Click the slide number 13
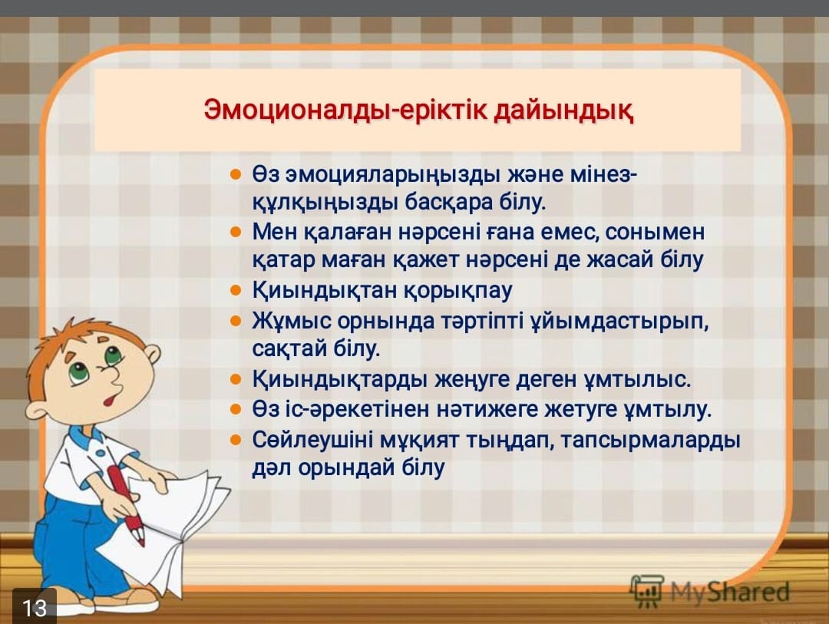pos(35,607)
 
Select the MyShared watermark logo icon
pos(646,590)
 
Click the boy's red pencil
pos(126,504)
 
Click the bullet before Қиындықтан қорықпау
pos(236,290)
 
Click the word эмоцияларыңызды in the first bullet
pos(393,175)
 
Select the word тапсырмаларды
pos(650,441)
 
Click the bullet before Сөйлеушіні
pos(236,440)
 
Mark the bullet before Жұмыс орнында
pos(236,321)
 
